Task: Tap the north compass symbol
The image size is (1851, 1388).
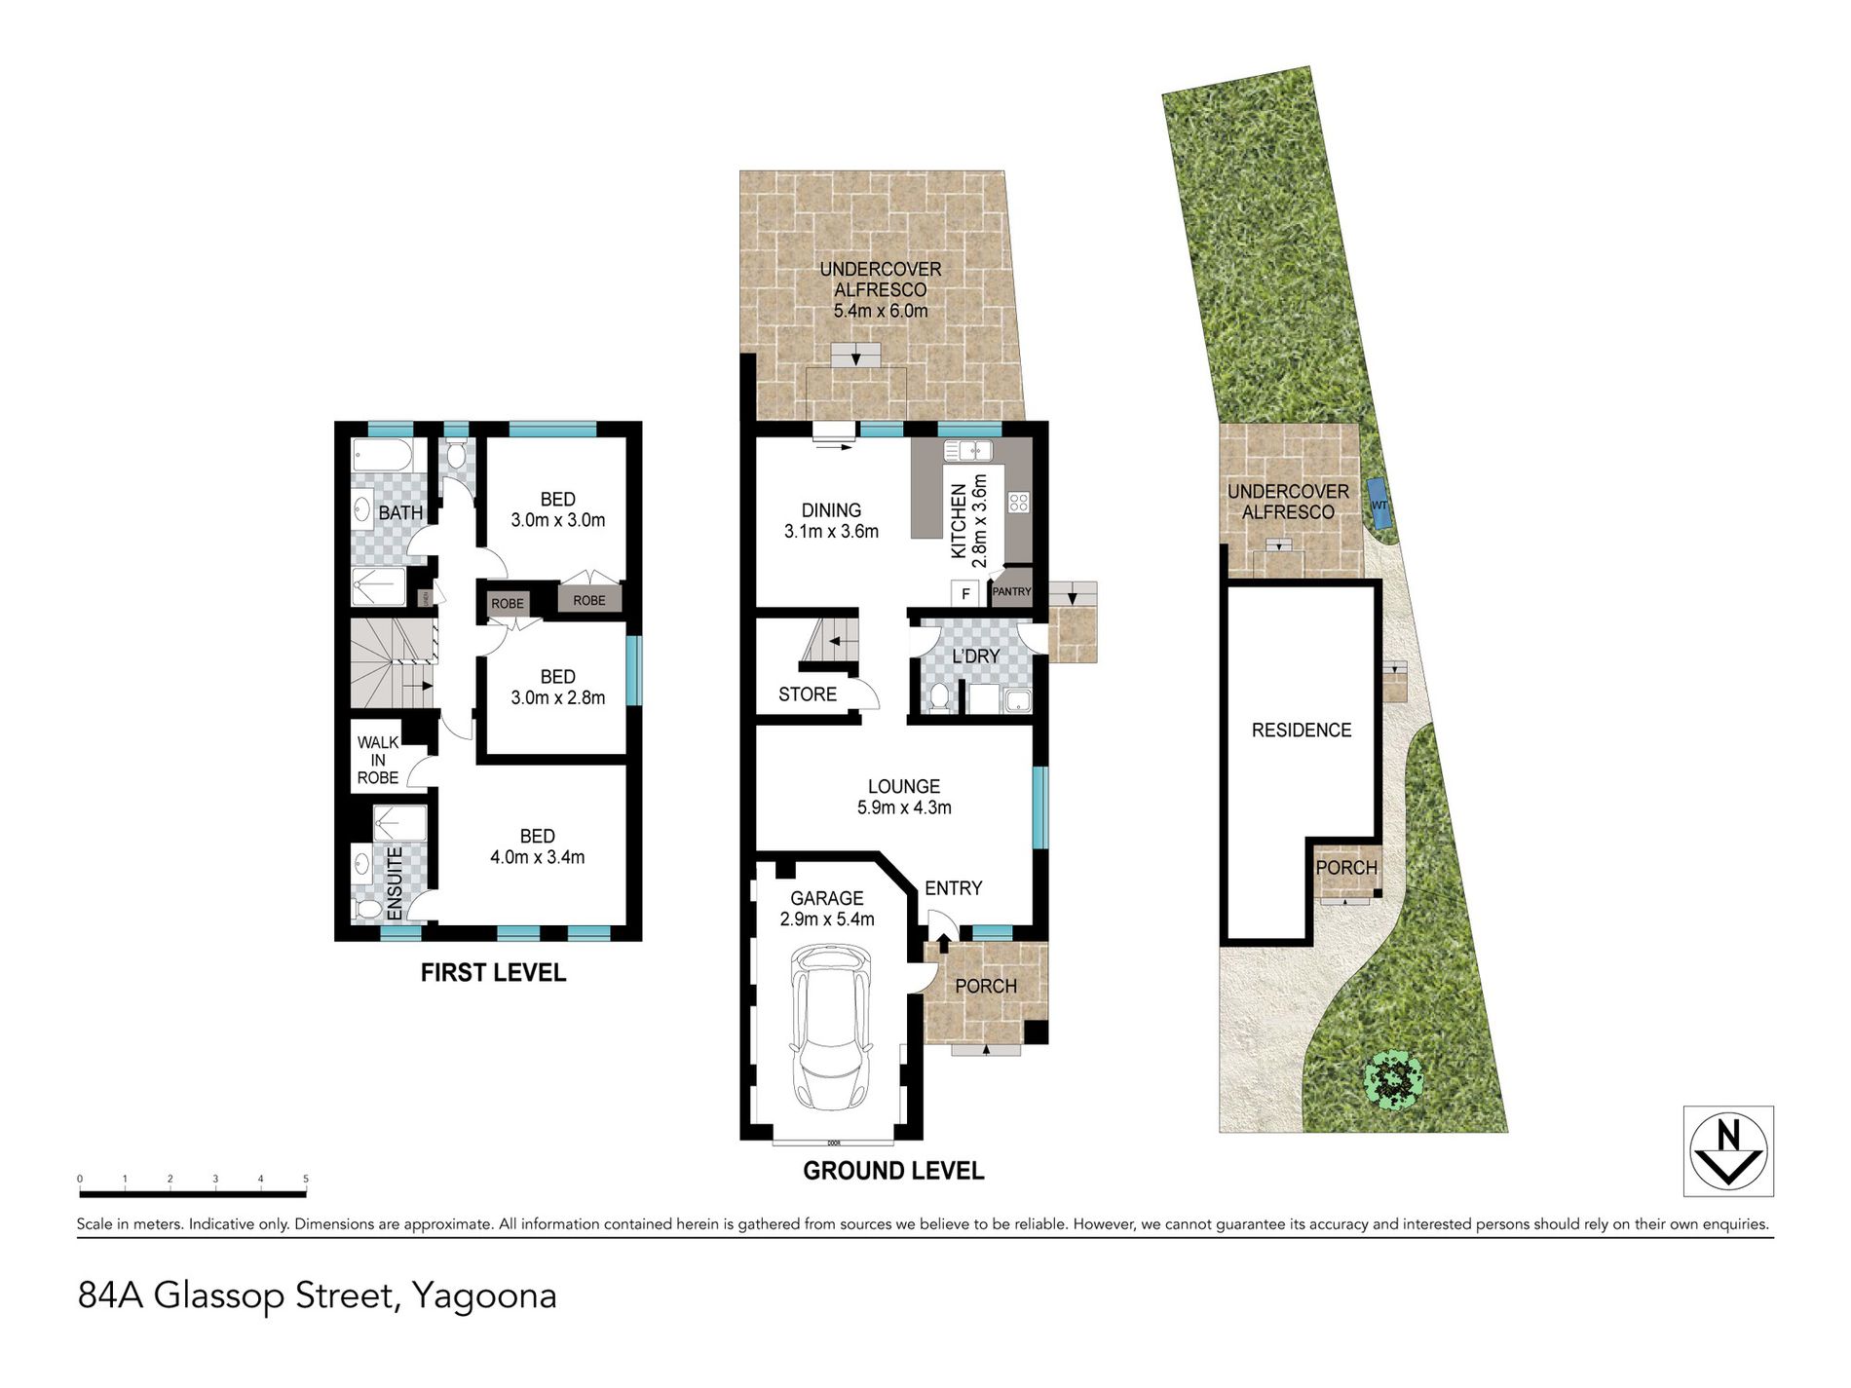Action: (1728, 1150)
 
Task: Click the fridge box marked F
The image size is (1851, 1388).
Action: (964, 593)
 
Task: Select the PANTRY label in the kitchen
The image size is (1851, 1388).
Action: (1011, 591)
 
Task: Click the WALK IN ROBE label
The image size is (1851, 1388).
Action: (378, 760)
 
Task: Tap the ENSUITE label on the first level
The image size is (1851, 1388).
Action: (395, 883)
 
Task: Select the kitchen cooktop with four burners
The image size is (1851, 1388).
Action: (1019, 503)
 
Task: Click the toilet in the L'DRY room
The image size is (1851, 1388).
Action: (939, 696)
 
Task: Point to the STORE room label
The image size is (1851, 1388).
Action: (808, 694)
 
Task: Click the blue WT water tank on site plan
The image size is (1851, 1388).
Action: (1379, 504)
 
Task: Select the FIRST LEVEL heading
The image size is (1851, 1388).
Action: (493, 972)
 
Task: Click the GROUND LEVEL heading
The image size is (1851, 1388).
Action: (893, 1171)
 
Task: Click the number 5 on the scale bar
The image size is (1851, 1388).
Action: (306, 1180)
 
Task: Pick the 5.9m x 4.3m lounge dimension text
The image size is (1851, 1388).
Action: (904, 807)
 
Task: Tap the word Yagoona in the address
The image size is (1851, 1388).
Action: (484, 1296)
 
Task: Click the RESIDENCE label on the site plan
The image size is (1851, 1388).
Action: (1302, 731)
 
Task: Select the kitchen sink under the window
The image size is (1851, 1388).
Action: (967, 451)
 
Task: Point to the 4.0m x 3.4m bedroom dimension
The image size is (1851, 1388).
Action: (537, 858)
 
